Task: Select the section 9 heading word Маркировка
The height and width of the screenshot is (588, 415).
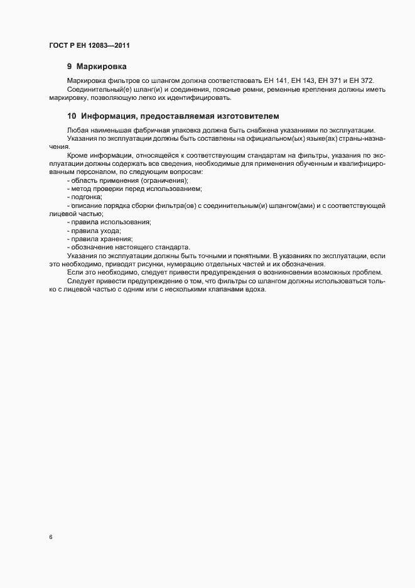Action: pyautogui.click(x=103, y=66)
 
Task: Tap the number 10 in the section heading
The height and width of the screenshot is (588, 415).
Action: pyautogui.click(x=72, y=116)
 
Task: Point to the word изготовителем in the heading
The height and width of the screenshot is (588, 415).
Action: pyautogui.click(x=242, y=116)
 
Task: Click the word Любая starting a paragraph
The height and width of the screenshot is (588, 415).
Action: pyautogui.click(x=77, y=129)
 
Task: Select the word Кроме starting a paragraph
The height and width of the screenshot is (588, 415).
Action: pyautogui.click(x=77, y=155)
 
